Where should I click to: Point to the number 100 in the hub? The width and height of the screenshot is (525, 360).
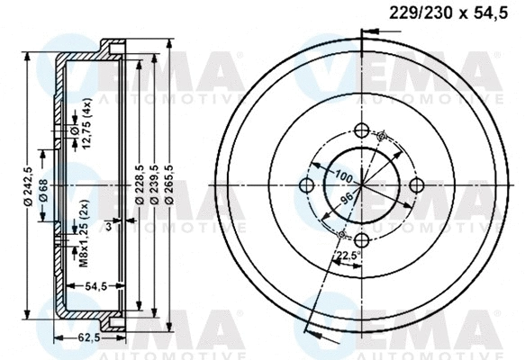coord(342,173)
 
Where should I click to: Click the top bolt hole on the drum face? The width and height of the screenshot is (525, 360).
coord(361,130)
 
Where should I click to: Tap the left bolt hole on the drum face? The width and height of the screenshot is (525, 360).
coord(305,185)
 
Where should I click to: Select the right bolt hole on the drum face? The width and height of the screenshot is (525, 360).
coord(416,185)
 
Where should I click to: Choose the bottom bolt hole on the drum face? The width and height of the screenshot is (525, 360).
coord(361,240)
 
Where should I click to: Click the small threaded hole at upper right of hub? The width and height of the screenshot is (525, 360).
coord(381,138)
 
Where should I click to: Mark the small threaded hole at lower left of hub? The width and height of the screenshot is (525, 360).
coord(341,234)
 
